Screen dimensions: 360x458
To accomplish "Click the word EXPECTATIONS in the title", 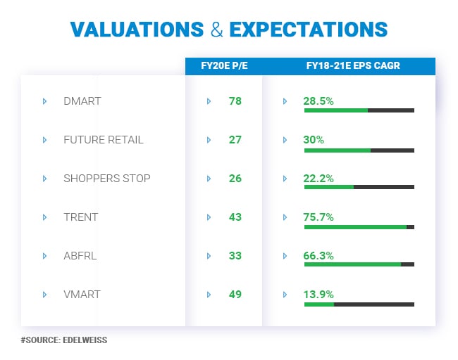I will point(309,30).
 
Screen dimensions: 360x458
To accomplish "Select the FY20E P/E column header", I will point(223,67).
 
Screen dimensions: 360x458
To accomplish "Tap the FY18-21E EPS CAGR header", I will point(348,67).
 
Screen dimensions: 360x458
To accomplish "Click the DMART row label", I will point(82,101).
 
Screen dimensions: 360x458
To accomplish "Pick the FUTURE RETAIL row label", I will point(103,140).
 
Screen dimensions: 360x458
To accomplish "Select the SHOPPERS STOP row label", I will point(106,179).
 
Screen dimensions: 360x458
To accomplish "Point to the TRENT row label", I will point(80,217).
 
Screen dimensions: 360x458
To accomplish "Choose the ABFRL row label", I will point(80,256).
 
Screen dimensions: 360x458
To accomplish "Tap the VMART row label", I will point(82,295).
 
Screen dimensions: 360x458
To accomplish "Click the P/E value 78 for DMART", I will point(235,101).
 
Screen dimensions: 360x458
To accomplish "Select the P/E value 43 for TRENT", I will point(235,217).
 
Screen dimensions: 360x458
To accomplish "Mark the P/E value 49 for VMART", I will point(235,295).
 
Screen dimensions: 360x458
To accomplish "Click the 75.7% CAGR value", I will point(318,217).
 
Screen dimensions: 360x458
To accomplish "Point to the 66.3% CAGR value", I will point(318,256).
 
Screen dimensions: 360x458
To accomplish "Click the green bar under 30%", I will point(337,150).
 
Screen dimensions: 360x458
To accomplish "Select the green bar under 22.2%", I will point(328,187).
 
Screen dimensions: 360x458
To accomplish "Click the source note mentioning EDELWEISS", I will point(63,340).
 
